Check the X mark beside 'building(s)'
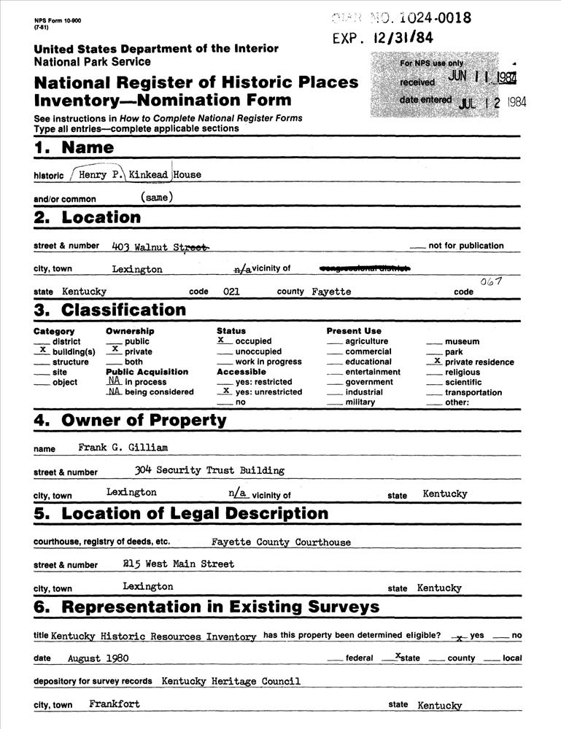coord(42,351)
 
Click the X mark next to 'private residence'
coord(436,361)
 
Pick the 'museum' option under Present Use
coord(462,341)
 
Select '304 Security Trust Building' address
coord(209,470)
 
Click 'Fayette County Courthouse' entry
coord(281,542)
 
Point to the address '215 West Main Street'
coord(179,564)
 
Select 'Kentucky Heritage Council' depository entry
coord(231,682)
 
